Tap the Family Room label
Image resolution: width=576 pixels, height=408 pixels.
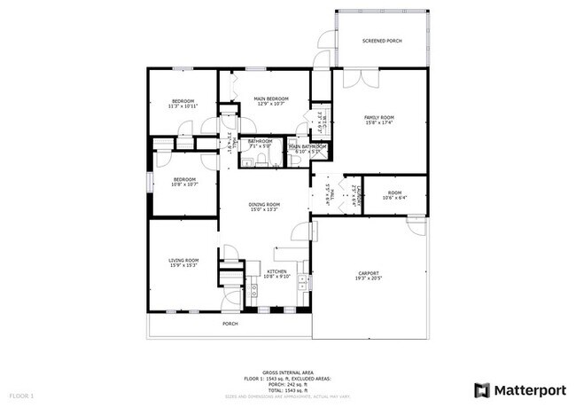coord(379,117)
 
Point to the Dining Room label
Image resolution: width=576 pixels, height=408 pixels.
coord(264,204)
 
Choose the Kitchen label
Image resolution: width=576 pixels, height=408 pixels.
coord(277,271)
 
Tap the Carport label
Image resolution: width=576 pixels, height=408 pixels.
coord(369,272)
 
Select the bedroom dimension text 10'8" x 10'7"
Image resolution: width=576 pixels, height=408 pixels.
coord(184,184)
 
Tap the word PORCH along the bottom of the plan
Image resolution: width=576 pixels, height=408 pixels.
coord(230,324)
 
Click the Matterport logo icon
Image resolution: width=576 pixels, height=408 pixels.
coord(482,389)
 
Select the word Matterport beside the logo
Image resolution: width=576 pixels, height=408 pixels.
coord(528,389)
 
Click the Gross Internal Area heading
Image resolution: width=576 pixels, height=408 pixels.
coord(287,373)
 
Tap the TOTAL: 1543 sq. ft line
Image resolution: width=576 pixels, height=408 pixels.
coord(287,388)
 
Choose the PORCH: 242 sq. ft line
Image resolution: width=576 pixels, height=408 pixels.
coord(287,383)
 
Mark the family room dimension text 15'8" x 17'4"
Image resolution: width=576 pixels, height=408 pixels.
coord(379,123)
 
